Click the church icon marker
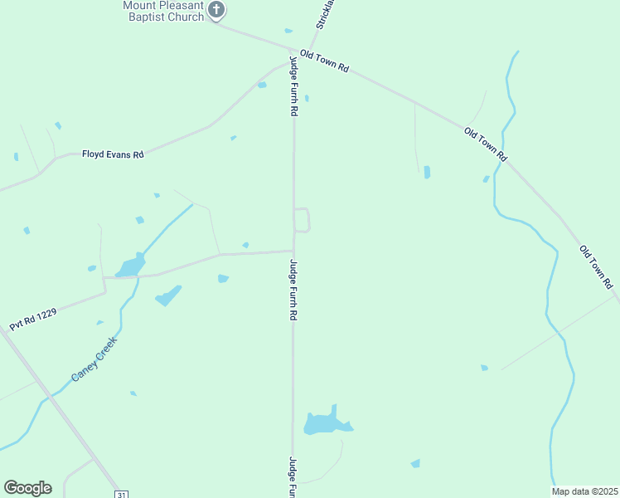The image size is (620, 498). pos(216,11)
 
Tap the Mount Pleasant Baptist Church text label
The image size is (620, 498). pos(163,11)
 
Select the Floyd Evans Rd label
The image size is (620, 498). pos(113,154)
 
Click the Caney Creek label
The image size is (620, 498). pos(94,359)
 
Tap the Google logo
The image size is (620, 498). pos(27,488)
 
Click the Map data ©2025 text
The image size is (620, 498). pos(585,491)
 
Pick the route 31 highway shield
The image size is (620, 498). pos(122,494)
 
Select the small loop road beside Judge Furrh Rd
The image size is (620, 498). pos(303,220)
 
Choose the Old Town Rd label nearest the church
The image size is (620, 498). pos(324,61)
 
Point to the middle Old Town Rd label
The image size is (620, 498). pos(486,144)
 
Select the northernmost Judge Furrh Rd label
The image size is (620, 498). pos(293,86)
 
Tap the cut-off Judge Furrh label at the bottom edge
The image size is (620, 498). pos(293,476)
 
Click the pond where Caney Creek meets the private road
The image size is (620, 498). pos(131,266)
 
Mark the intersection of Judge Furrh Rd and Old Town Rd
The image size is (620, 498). pos(293,52)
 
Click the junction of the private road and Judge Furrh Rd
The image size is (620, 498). pos(293,251)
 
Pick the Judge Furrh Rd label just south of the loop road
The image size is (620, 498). pos(293,291)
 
